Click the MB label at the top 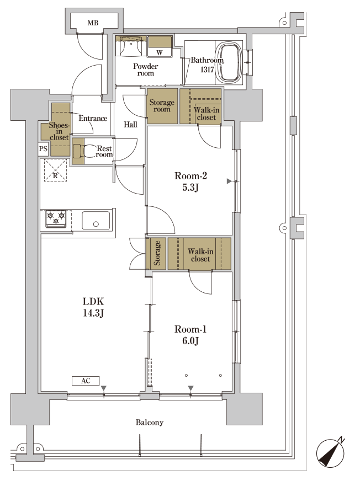[93, 23]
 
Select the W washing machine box [160, 47]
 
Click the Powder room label [146, 70]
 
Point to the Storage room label [162, 105]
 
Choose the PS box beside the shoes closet [43, 149]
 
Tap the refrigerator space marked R [55, 170]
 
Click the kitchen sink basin [96, 220]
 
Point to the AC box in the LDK [86, 381]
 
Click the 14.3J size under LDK [93, 313]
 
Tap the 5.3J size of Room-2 [190, 188]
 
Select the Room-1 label [190, 329]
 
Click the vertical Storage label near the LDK [157, 253]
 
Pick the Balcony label [150, 423]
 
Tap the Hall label [130, 124]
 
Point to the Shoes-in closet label [59, 131]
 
